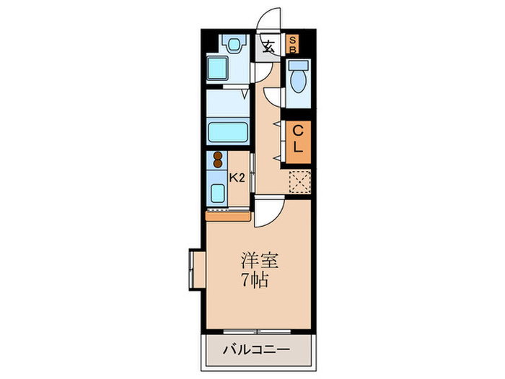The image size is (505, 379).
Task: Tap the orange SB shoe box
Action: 293,45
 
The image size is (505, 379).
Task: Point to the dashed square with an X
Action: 299,182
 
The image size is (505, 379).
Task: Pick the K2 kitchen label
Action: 237,177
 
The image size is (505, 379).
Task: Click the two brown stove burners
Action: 216,159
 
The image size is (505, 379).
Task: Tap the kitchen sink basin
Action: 217,193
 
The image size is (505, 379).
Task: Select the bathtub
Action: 227,133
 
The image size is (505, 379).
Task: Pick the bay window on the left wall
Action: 194,269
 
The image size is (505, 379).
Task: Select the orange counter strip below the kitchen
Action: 228,214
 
